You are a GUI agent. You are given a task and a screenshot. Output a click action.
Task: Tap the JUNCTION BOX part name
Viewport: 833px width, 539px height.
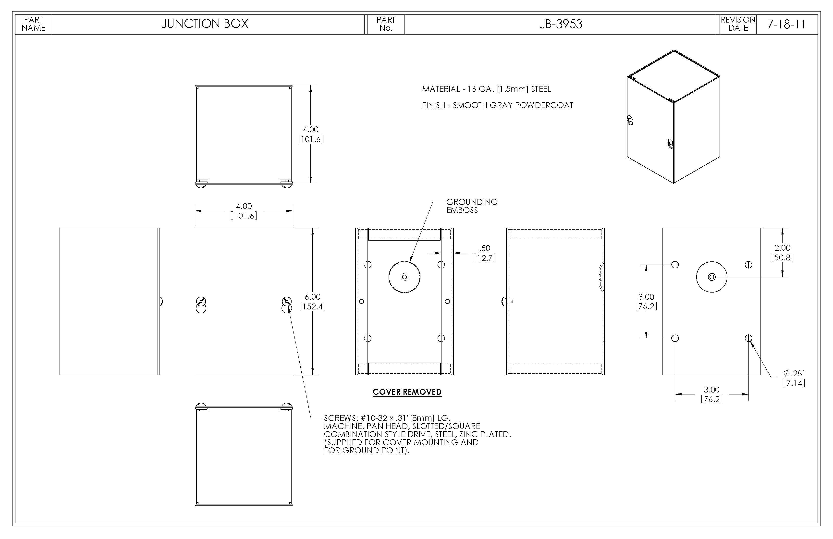tap(205, 24)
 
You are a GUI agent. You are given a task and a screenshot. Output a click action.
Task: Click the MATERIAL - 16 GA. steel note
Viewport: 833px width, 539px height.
tap(486, 89)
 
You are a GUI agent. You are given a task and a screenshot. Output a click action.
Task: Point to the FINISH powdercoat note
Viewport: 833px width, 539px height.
tap(497, 105)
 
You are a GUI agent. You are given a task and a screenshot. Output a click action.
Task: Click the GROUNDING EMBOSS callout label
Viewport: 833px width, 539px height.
tap(472, 206)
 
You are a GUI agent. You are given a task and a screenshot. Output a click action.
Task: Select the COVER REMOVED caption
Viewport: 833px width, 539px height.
tap(407, 392)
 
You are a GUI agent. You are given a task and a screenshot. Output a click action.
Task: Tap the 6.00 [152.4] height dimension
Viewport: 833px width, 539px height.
tap(313, 302)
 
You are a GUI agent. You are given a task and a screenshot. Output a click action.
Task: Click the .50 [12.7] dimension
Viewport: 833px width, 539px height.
tap(484, 253)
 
